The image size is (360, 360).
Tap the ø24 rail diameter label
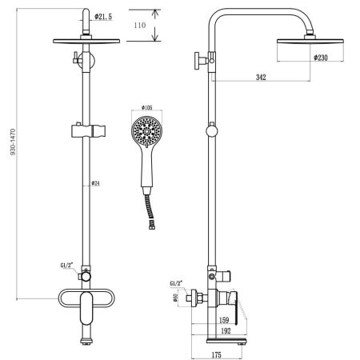pos(95,184)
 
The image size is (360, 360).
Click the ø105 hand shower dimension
pos(146,109)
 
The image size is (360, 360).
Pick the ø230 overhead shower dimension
pos(322,58)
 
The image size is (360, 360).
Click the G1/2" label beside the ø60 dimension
pos(178,283)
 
